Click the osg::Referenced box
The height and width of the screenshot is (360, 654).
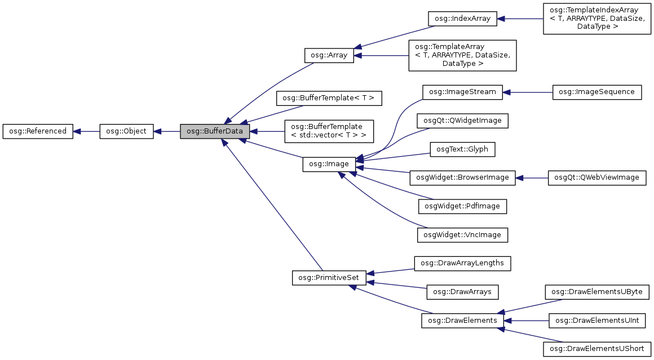click(38, 131)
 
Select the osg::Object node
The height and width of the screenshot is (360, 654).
click(126, 131)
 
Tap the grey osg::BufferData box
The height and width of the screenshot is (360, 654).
click(215, 131)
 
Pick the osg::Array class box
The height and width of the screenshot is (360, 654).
click(329, 55)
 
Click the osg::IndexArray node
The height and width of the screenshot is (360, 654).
click(462, 19)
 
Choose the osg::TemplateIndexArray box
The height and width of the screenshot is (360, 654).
click(595, 19)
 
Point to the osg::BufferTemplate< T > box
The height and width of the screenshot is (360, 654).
click(329, 98)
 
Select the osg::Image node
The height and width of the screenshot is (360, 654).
click(329, 164)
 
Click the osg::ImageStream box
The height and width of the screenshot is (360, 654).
click(462, 92)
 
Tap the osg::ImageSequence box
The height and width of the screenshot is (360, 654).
click(597, 92)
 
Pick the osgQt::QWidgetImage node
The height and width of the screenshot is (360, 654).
click(462, 121)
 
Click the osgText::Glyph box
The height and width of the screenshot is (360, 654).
click(462, 149)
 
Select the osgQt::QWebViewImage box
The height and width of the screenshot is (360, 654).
click(597, 177)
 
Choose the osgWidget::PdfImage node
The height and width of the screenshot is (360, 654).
click(462, 206)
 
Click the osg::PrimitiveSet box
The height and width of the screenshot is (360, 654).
click(329, 278)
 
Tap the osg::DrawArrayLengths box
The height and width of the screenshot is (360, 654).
click(462, 263)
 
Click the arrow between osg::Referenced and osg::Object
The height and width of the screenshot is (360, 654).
click(86, 131)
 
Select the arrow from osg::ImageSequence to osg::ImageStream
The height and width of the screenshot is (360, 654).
click(527, 92)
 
